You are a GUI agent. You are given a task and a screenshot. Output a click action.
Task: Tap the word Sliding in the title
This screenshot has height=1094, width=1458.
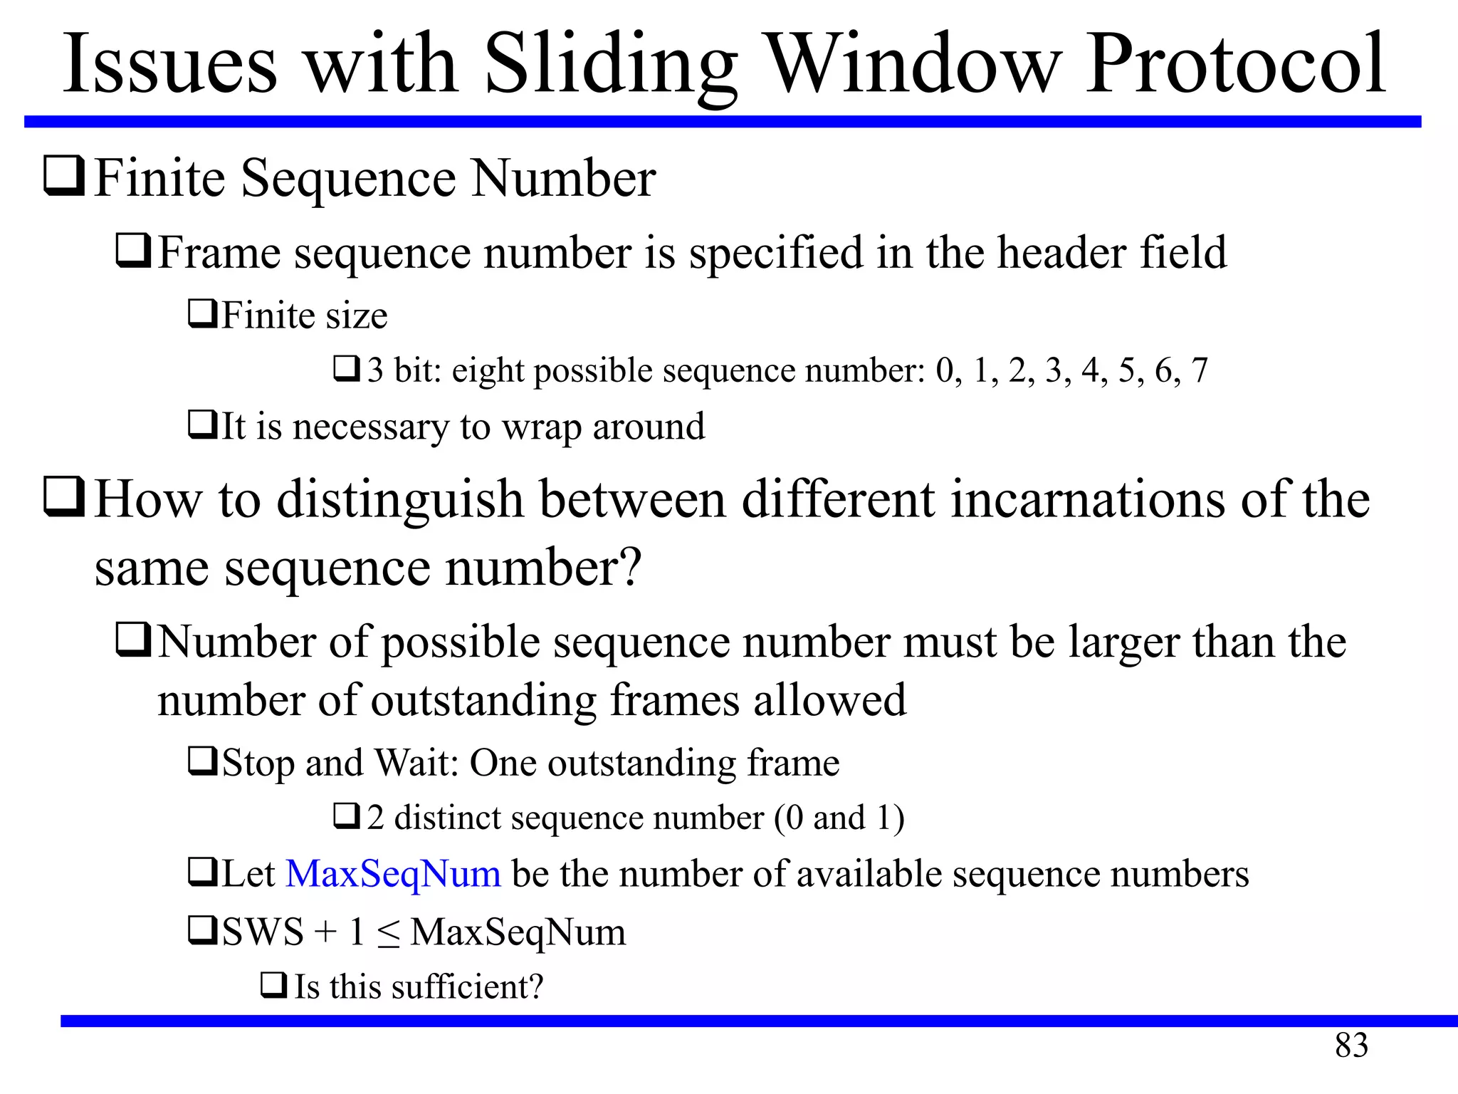[611, 66]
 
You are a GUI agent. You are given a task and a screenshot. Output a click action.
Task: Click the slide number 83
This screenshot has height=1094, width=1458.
[1351, 1046]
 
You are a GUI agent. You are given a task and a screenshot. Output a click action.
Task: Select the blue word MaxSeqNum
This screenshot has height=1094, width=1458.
[393, 874]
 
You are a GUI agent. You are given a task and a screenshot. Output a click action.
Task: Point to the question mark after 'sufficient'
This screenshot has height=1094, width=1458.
[535, 987]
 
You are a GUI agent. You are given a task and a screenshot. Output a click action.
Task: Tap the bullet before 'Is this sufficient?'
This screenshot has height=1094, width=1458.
[273, 986]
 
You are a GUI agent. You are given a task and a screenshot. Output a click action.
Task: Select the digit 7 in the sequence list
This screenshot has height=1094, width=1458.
[1200, 370]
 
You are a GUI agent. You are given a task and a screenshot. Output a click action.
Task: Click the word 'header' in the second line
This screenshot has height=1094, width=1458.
[1061, 252]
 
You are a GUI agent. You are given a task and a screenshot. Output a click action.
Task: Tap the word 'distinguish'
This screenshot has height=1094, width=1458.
[400, 500]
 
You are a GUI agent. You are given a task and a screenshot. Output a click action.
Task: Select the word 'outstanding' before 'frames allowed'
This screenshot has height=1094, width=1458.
[483, 700]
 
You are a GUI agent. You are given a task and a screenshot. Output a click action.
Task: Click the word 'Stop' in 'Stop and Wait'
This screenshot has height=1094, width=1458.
[258, 764]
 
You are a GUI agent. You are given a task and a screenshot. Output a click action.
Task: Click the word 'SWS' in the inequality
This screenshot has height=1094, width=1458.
[263, 932]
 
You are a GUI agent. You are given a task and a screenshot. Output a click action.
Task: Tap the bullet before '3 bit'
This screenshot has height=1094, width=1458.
[347, 369]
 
